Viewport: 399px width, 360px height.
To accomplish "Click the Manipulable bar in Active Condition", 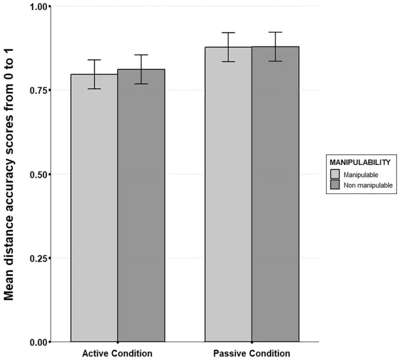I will [x=94, y=210].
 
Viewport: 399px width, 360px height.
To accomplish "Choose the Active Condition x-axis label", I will [x=118, y=354].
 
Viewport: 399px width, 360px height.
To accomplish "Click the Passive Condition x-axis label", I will [x=252, y=354].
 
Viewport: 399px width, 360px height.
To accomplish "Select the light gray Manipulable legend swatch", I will [x=335, y=174].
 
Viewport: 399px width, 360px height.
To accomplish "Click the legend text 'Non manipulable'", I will [x=368, y=185].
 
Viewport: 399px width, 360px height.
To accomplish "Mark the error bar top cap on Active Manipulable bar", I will [x=94, y=60].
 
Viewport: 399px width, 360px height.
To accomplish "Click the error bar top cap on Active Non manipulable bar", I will [x=141, y=55].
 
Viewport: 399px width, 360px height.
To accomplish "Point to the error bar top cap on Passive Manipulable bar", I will [x=228, y=33].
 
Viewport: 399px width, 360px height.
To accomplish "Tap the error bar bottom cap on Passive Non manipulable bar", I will [x=275, y=61].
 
